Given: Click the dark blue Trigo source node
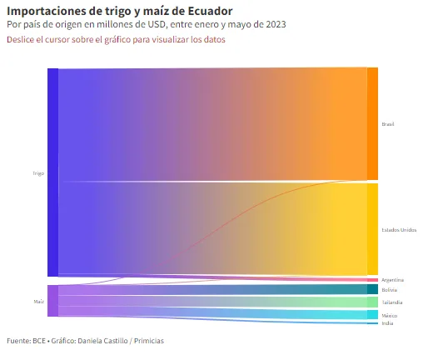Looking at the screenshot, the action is click(52, 172).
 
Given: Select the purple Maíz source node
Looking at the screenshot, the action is click(52, 301).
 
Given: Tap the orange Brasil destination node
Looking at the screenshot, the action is click(372, 123).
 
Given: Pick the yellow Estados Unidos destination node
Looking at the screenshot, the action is click(372, 229).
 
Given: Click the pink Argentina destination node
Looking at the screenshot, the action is click(372, 280).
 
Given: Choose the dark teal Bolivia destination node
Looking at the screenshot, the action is click(372, 289).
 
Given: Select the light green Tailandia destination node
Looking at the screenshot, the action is click(372, 302).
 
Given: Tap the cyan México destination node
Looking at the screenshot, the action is click(372, 315).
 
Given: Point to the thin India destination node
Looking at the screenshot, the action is click(372, 323).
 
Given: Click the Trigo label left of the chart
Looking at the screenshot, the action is click(38, 173).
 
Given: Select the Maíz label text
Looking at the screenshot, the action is click(39, 302).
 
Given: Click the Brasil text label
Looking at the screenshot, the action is click(388, 124).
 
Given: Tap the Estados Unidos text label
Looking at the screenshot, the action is click(399, 230).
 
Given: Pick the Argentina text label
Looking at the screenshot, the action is click(392, 280).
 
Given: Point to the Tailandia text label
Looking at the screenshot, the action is click(392, 302).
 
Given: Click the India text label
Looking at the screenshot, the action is click(387, 323).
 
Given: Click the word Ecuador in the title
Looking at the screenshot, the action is click(210, 11).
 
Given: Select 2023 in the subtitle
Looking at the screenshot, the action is click(276, 24).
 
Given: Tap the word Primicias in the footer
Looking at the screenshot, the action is click(149, 341).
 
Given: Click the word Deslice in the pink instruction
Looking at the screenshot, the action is click(20, 39).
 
